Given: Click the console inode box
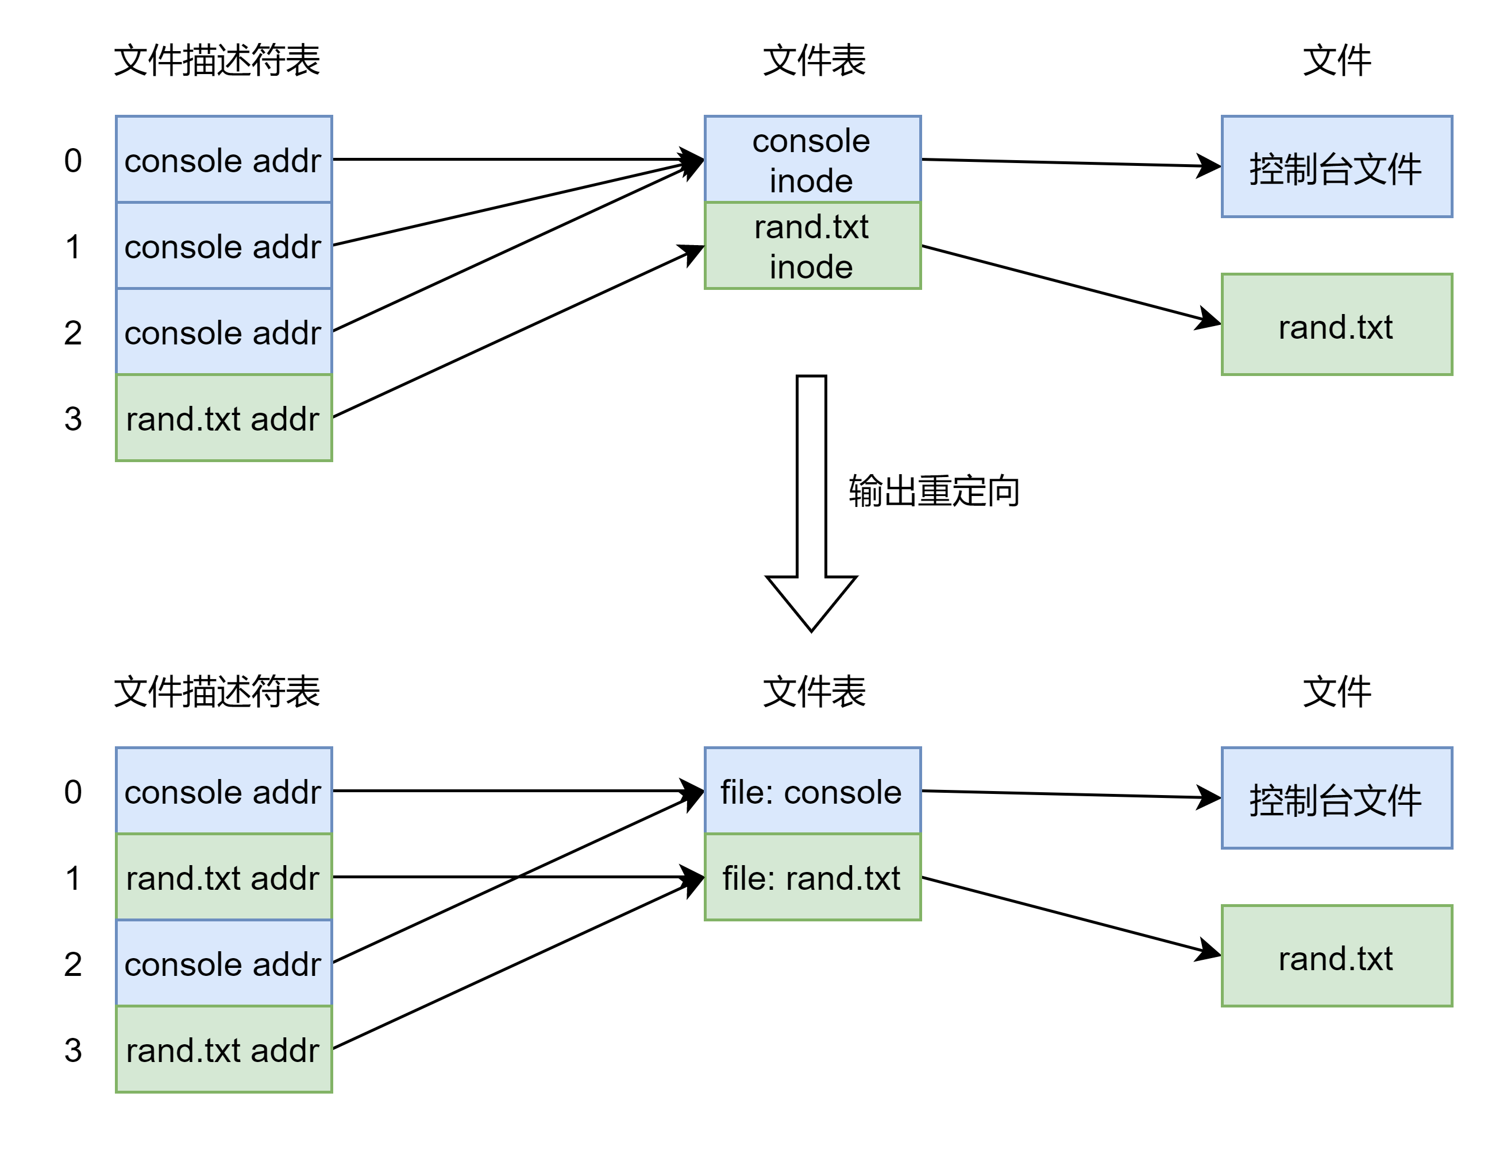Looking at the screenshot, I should (812, 160).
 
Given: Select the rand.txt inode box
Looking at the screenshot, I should (812, 246).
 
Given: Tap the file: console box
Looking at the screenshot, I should (812, 790).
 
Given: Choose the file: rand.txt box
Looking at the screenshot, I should (812, 877).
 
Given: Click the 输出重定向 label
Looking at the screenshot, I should (933, 491).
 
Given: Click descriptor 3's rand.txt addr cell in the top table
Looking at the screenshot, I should (223, 418).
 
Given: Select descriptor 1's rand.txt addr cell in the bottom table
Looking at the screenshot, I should (223, 877).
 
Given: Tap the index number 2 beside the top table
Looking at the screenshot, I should (72, 333).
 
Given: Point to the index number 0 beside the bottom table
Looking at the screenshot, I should (72, 792).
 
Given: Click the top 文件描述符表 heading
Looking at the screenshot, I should (217, 60).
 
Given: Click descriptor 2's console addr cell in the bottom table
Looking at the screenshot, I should (223, 963).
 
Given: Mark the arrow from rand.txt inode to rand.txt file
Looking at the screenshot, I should (1070, 284).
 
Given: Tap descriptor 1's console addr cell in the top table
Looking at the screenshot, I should (223, 246).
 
